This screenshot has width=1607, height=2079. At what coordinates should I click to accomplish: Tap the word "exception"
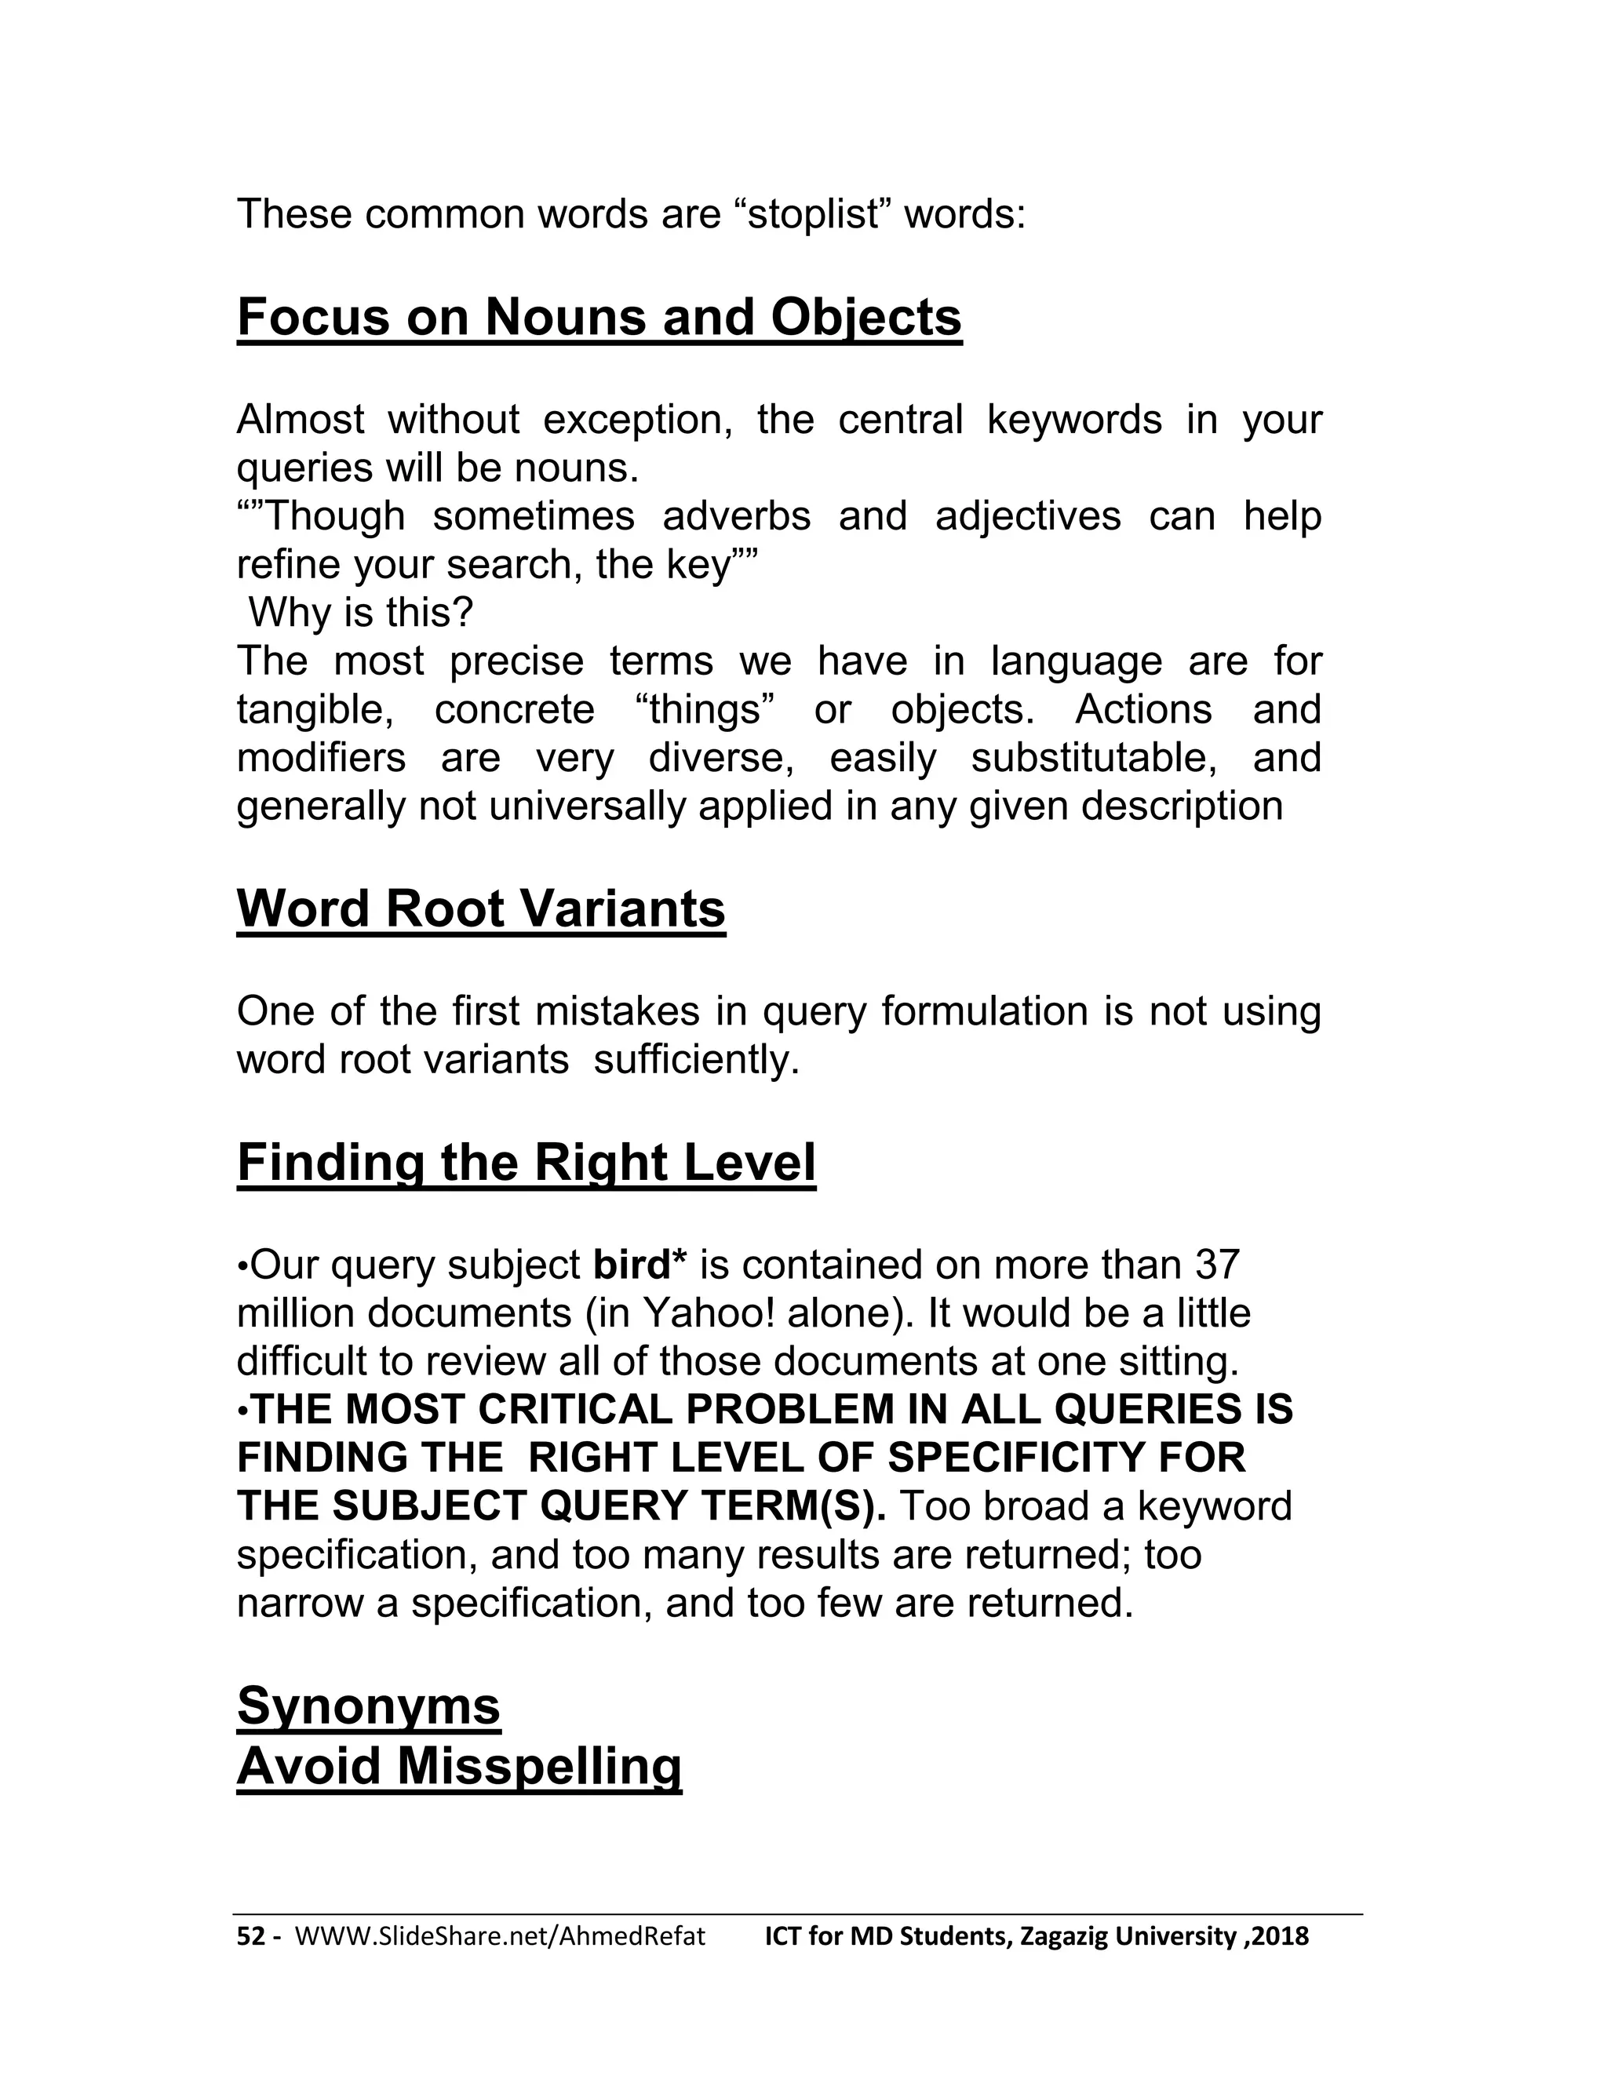click(637, 420)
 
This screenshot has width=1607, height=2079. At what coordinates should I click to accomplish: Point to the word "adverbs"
click(736, 517)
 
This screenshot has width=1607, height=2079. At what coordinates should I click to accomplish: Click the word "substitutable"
click(1098, 759)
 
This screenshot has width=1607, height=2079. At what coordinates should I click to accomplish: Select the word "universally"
click(589, 807)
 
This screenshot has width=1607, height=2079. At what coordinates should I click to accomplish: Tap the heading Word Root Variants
click(481, 908)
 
